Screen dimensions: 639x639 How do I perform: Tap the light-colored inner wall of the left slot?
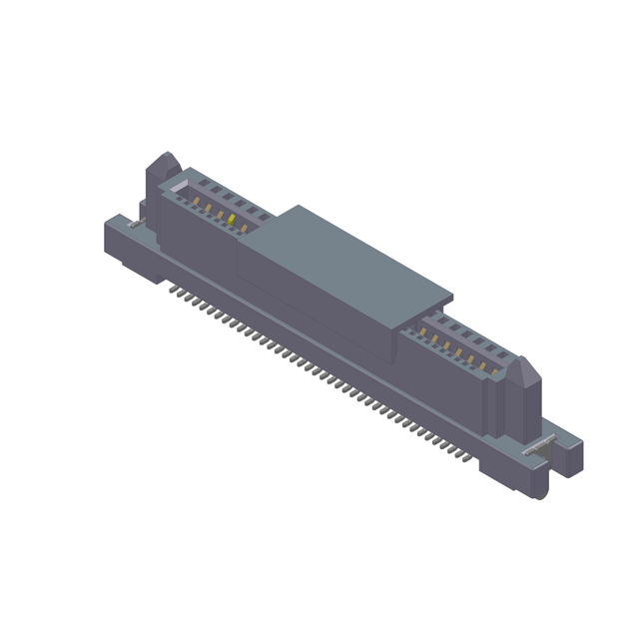click(178, 187)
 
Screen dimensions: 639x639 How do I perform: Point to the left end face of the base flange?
click(112, 240)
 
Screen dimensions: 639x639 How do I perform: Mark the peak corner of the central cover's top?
click(298, 208)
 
